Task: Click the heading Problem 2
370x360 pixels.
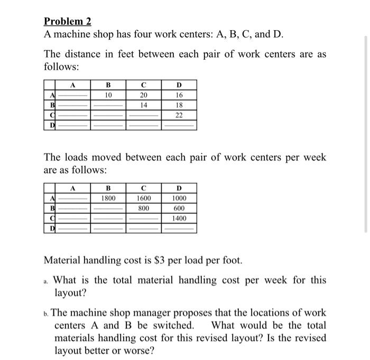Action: (x=68, y=22)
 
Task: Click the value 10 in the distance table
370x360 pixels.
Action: (x=108, y=96)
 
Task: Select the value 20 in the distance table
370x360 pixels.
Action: (x=144, y=96)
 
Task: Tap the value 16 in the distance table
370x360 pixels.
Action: (x=179, y=96)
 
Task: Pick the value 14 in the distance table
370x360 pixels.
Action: (x=144, y=106)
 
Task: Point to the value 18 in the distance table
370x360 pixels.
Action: (x=179, y=106)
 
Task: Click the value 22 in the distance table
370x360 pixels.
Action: (x=179, y=116)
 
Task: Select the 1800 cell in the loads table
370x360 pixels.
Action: (x=108, y=198)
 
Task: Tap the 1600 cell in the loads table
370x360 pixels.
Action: (x=144, y=198)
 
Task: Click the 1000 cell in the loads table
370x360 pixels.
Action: (x=179, y=198)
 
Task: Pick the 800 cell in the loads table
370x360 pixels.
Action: (x=144, y=209)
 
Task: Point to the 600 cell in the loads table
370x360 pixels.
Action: (x=179, y=209)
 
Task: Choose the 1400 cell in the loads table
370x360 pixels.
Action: (x=179, y=219)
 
